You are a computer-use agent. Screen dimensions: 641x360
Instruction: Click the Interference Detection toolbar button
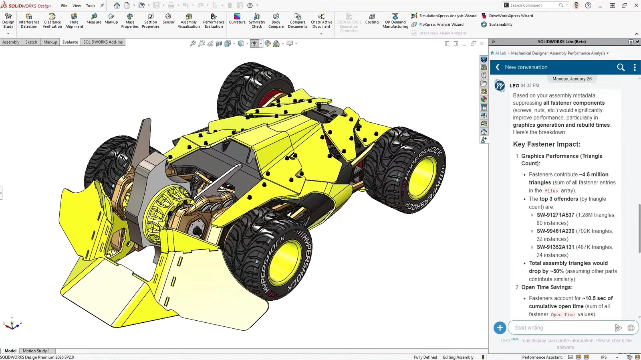tap(29, 21)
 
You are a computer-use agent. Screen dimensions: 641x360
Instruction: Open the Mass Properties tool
tap(130, 21)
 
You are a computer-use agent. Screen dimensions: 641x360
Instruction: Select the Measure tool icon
tap(94, 16)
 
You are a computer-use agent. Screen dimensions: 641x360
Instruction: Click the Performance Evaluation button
tap(214, 21)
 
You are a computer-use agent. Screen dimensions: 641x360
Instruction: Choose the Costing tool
tap(372, 19)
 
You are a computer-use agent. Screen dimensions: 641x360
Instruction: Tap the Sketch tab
tap(31, 42)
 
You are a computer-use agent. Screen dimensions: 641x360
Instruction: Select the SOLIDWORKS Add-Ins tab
tap(103, 42)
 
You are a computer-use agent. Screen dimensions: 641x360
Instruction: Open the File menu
tap(64, 6)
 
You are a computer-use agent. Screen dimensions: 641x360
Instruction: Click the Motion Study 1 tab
tap(36, 351)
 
